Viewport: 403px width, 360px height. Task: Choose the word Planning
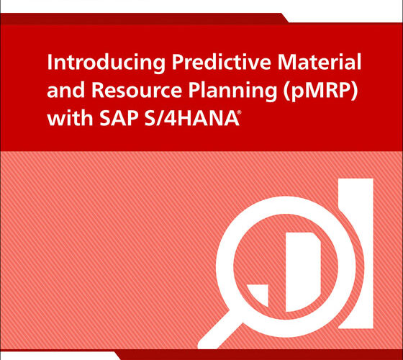click(x=233, y=92)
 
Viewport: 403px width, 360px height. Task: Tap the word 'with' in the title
click(x=70, y=118)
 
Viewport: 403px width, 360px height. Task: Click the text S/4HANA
click(x=192, y=118)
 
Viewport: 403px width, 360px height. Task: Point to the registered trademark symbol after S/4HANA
click(x=240, y=112)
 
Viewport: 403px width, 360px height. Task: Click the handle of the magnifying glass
click(x=219, y=334)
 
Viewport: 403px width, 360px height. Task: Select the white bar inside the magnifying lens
click(x=303, y=272)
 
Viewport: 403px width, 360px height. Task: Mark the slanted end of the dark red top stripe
click(x=284, y=18)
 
